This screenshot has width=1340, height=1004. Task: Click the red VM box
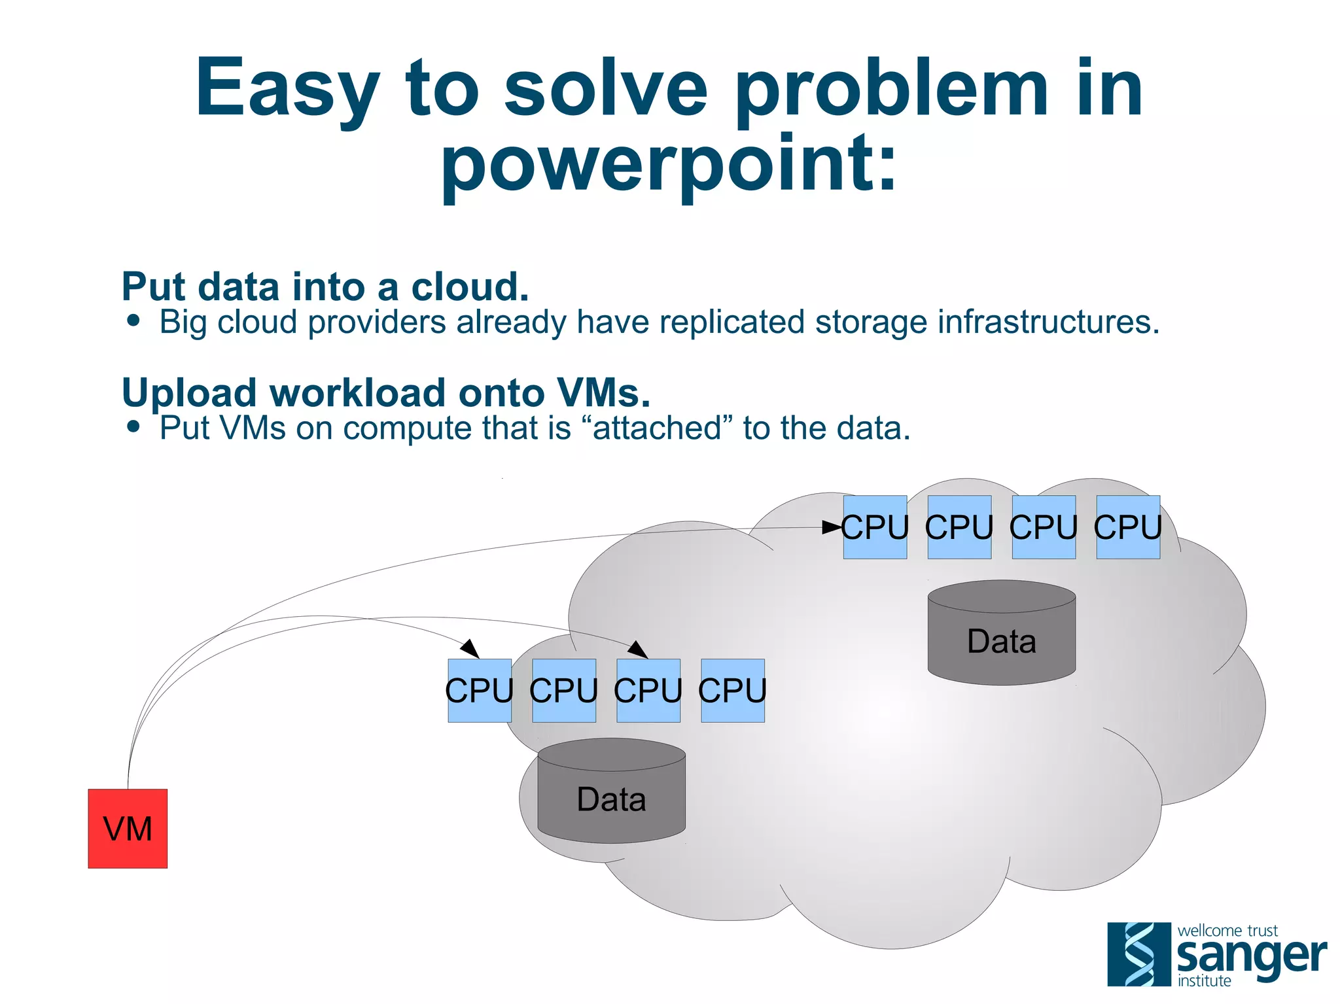(x=128, y=829)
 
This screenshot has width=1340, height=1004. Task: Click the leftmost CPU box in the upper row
(x=875, y=527)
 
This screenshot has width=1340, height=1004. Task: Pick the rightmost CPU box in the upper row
(x=1128, y=527)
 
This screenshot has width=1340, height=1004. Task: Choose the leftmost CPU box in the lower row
(x=480, y=691)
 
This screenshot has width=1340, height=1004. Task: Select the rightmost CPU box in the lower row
(x=733, y=691)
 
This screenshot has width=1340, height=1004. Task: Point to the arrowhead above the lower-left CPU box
(x=470, y=648)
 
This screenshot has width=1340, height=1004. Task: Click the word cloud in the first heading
(x=469, y=287)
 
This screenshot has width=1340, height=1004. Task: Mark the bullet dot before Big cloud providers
(x=134, y=320)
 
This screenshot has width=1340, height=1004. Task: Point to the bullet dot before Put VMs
(x=134, y=426)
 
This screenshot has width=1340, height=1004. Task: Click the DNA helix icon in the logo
(x=1139, y=954)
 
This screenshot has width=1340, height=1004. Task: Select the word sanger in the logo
(x=1251, y=956)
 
